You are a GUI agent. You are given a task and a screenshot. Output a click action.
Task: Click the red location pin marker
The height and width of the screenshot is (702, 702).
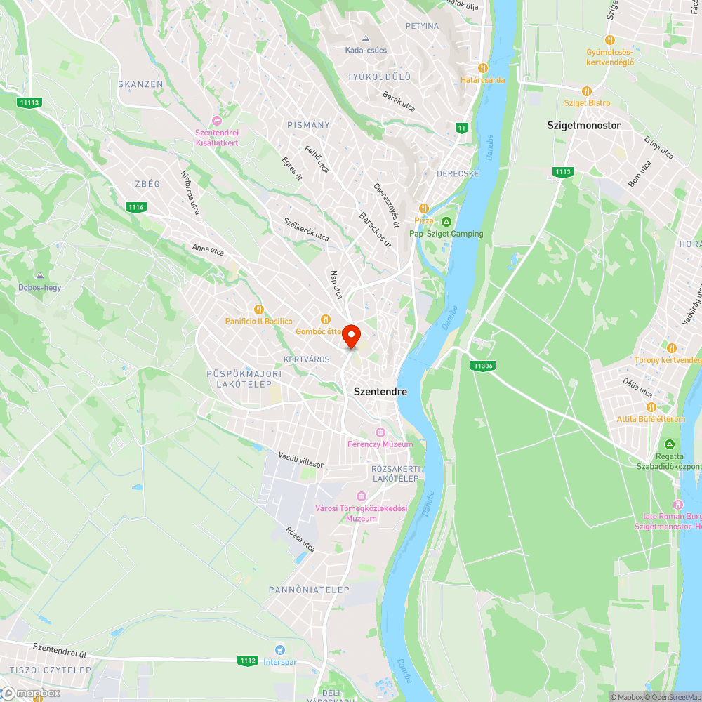click(351, 336)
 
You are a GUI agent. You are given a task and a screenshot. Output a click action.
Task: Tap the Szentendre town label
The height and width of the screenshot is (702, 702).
click(380, 391)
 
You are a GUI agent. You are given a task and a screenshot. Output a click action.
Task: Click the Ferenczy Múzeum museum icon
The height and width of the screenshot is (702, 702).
click(380, 432)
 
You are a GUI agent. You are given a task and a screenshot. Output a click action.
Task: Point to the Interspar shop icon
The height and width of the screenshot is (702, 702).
click(281, 650)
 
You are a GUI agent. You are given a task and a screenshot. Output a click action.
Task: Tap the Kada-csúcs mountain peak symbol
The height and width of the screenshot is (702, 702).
click(366, 39)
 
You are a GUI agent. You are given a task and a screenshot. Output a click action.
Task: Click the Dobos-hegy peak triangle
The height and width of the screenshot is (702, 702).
click(39, 275)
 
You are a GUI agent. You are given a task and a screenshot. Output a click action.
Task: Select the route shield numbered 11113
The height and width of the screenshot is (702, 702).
click(29, 102)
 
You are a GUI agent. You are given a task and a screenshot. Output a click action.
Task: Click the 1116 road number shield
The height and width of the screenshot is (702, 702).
click(136, 206)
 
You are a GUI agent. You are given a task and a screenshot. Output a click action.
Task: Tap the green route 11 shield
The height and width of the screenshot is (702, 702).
click(461, 128)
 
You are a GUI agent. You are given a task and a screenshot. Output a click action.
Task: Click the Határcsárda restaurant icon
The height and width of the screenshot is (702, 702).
click(483, 67)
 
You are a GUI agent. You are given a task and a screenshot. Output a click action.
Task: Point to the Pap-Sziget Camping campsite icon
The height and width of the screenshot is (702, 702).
click(446, 222)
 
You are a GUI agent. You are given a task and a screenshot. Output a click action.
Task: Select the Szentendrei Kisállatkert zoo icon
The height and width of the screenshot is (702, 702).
click(217, 121)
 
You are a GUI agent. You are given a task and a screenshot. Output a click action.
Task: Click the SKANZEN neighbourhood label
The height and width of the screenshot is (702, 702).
click(140, 84)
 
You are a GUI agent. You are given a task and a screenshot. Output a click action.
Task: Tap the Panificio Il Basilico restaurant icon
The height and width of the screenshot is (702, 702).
click(258, 309)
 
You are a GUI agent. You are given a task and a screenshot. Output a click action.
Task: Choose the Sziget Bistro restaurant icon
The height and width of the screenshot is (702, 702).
click(587, 91)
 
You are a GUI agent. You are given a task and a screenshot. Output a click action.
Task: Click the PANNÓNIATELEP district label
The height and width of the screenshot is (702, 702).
click(309, 590)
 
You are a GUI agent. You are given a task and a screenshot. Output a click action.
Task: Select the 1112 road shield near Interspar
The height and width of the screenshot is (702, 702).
click(247, 661)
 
